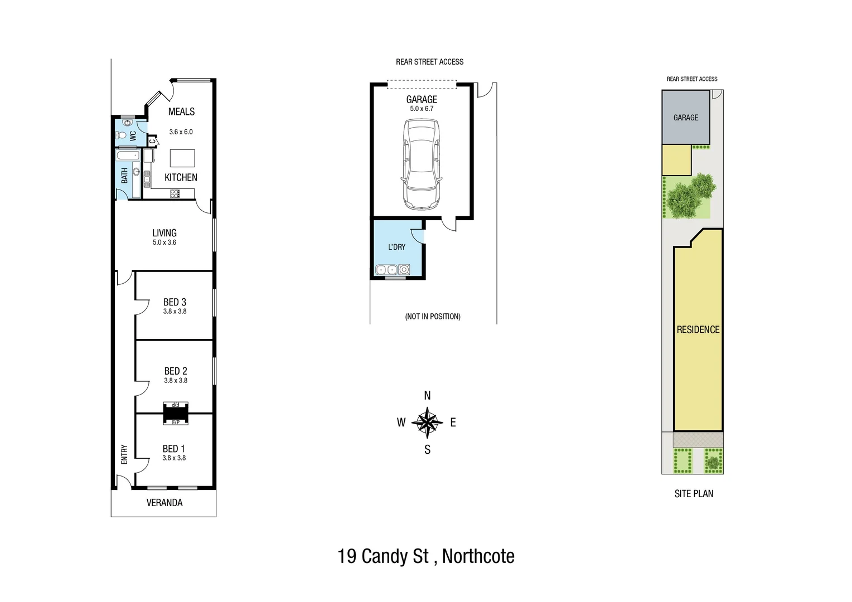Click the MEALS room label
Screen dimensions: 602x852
pyautogui.click(x=181, y=111)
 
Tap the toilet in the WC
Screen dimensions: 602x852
pyautogui.click(x=120, y=135)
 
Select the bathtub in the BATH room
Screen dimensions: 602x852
pyautogui.click(x=127, y=154)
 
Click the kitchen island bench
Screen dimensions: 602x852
pyautogui.click(x=182, y=158)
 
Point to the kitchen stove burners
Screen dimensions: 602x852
pyautogui.click(x=175, y=193)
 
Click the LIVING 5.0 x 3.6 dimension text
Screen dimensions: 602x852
pyautogui.click(x=164, y=242)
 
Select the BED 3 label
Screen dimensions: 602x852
pyautogui.click(x=175, y=302)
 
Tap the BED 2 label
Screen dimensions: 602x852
pyautogui.click(x=176, y=371)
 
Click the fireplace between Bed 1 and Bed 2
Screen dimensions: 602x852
pyautogui.click(x=176, y=414)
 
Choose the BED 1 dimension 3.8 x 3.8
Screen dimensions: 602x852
pyautogui.click(x=174, y=458)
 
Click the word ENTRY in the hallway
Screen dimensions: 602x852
pyautogui.click(x=124, y=454)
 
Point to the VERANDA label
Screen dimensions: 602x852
pyautogui.click(x=164, y=503)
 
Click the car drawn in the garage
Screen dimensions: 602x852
pyautogui.click(x=422, y=165)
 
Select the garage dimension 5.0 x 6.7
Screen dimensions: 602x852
pyautogui.click(x=422, y=109)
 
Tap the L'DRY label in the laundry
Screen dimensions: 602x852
pyautogui.click(x=396, y=247)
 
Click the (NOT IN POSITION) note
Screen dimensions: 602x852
pyautogui.click(x=433, y=317)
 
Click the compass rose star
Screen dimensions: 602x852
pyautogui.click(x=427, y=423)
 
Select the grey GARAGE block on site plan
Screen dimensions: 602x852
pyautogui.click(x=686, y=118)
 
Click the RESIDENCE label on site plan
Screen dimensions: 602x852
pyautogui.click(x=698, y=330)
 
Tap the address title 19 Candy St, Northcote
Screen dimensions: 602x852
pyautogui.click(x=426, y=556)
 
